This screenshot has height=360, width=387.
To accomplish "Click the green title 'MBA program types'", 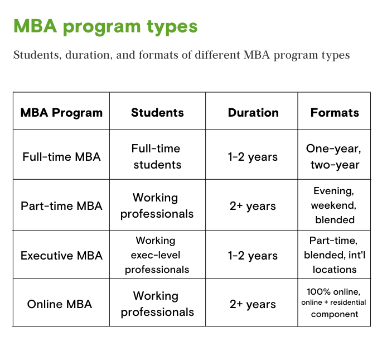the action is [x=105, y=26].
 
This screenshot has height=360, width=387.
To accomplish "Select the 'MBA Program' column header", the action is [x=61, y=113].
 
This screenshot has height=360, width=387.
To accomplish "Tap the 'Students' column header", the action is [x=157, y=113].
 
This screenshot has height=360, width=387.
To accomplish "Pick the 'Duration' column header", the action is [x=253, y=113].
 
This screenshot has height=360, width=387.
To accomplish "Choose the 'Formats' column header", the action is [x=335, y=113].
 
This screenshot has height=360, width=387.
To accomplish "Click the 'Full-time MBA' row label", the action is [x=61, y=157].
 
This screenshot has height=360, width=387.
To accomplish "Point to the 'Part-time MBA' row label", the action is [x=61, y=206].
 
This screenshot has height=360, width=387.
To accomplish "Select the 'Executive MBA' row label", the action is [x=61, y=256].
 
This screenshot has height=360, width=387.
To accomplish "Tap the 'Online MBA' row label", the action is [x=60, y=304].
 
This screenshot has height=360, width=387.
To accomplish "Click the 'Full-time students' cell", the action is [x=157, y=157].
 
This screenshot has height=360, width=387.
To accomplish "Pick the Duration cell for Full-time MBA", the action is [x=253, y=157].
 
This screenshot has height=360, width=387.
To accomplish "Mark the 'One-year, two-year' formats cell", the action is [x=334, y=157].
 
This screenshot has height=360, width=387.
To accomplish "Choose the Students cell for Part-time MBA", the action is [x=157, y=206].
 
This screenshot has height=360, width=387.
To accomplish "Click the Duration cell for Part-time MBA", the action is [x=253, y=207].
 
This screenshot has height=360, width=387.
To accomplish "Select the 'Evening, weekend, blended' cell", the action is [x=334, y=205].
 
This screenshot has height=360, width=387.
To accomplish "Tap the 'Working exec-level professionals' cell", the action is [x=157, y=255].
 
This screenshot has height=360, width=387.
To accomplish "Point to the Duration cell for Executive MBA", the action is [x=253, y=256].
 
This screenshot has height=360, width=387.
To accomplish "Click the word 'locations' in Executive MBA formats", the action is [x=335, y=270].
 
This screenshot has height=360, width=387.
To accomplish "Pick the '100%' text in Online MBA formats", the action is [x=318, y=292].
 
